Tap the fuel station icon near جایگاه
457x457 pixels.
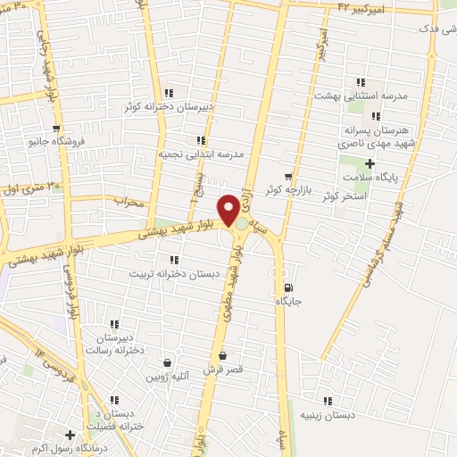click(x=287, y=287)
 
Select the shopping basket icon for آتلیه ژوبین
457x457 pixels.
click(x=167, y=362)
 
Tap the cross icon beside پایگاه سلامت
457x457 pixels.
click(x=370, y=162)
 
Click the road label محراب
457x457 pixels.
click(x=129, y=203)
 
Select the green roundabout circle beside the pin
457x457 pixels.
click(x=242, y=224)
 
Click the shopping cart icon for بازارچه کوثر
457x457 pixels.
click(x=287, y=176)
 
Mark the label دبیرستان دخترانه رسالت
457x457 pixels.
click(x=114, y=344)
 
